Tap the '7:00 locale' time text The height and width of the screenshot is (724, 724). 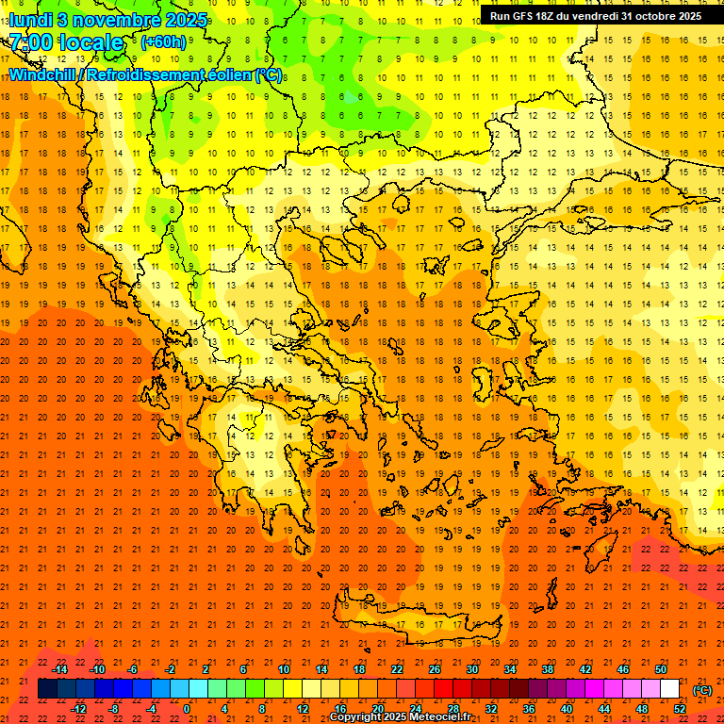click(x=67, y=42)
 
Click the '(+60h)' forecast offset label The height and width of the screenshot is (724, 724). click(x=164, y=42)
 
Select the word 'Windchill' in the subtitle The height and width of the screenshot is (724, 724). click(x=43, y=74)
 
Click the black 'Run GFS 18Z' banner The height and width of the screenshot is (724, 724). click(x=595, y=16)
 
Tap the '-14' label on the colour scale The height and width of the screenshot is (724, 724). click(x=59, y=669)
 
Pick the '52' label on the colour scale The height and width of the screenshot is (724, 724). click(x=679, y=709)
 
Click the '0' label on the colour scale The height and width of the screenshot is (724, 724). click(x=187, y=709)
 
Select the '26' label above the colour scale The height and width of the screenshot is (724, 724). click(x=435, y=669)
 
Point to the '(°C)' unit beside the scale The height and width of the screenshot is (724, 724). click(x=701, y=690)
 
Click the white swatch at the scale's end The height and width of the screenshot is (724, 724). click(x=669, y=689)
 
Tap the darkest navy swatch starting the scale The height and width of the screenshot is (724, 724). click(x=47, y=689)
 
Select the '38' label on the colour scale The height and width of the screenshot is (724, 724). click(x=548, y=669)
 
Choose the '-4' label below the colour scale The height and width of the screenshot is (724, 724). click(x=150, y=709)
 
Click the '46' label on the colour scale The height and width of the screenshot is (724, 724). click(x=622, y=669)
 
